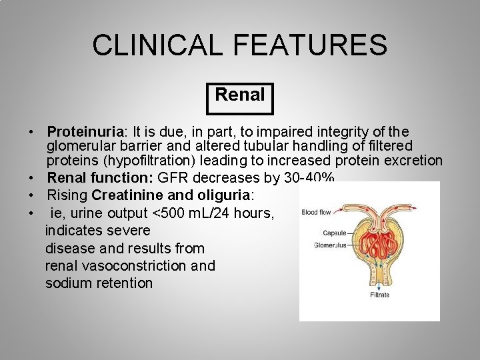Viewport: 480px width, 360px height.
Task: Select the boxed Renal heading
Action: coord(240,95)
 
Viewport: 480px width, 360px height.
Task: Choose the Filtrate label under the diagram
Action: coord(379,295)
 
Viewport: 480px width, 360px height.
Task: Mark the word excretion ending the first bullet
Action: coord(413,161)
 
